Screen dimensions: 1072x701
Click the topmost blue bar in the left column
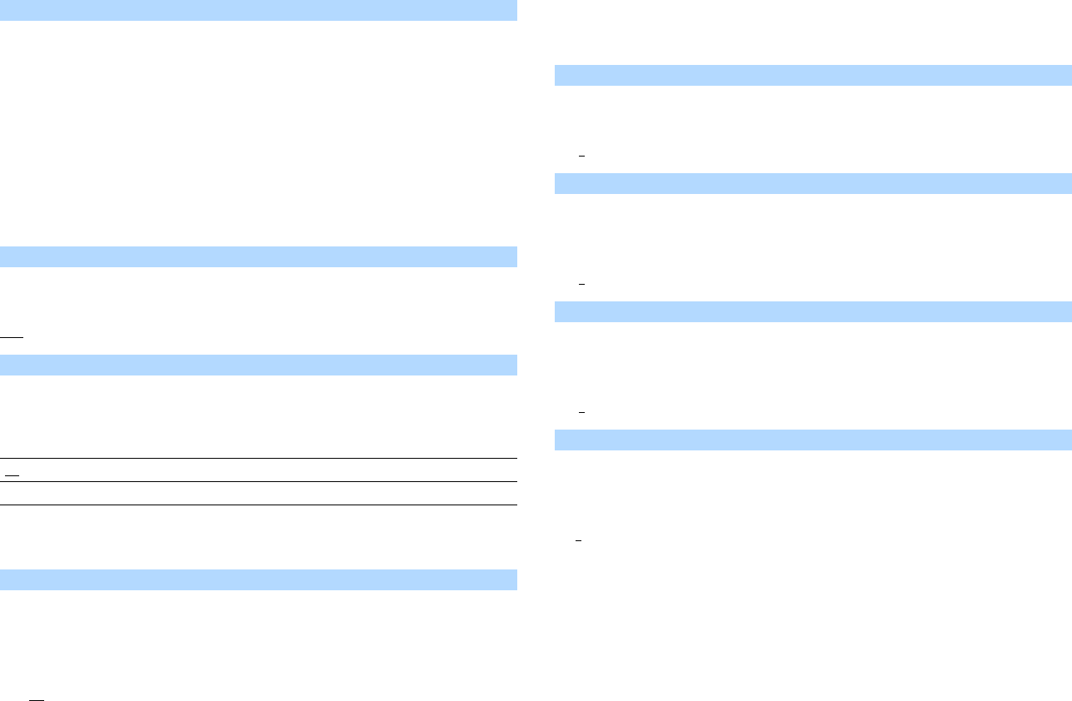(x=258, y=10)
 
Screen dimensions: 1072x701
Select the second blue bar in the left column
(x=258, y=256)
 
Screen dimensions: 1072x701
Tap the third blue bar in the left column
(x=258, y=365)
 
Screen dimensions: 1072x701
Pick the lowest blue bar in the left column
(x=258, y=579)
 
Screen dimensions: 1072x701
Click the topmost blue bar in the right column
(x=813, y=75)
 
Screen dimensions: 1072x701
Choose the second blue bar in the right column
(x=813, y=183)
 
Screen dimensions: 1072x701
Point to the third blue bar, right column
(x=813, y=311)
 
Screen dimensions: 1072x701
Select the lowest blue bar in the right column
(x=813, y=440)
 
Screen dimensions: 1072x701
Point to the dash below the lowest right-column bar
(x=578, y=540)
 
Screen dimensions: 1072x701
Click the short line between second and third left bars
(x=12, y=337)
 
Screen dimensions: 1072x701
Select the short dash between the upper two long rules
(x=12, y=470)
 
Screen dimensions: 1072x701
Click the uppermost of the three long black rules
(x=258, y=459)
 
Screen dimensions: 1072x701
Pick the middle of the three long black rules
(x=258, y=481)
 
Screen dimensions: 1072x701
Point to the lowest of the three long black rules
(x=258, y=505)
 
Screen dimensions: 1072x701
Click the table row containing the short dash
(x=258, y=470)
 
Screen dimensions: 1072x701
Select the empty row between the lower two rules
(x=258, y=493)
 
